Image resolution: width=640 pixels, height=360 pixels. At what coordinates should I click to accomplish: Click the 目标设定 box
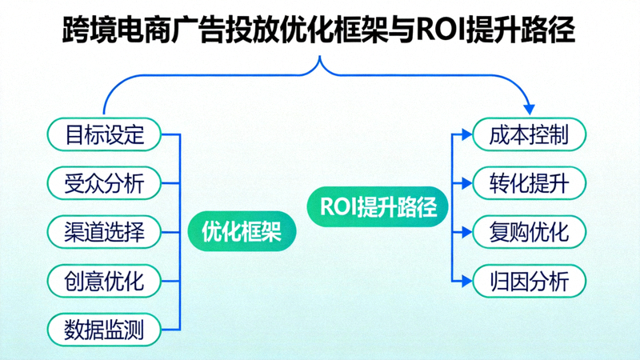coord(104,134)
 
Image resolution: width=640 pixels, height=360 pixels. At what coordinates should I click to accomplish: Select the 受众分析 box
coord(104,182)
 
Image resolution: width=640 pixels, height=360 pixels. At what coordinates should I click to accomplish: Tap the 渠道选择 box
coord(104,232)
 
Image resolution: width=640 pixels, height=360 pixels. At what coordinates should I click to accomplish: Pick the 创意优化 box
coord(104,281)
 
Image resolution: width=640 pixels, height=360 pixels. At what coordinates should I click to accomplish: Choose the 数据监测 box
coord(104,330)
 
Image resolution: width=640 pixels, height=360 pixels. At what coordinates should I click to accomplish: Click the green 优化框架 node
coord(241,233)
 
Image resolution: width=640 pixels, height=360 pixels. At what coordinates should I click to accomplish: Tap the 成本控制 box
coord(529,134)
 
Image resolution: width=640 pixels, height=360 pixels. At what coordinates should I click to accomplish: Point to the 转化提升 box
coord(529,183)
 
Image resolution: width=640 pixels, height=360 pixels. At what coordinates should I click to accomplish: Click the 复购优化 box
coord(529,232)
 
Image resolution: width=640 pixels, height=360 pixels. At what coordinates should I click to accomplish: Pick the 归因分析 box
coord(529,281)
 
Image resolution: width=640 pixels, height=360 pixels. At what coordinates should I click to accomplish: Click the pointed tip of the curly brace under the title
coord(320,57)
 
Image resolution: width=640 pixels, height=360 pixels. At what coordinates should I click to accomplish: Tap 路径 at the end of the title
coord(550,31)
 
